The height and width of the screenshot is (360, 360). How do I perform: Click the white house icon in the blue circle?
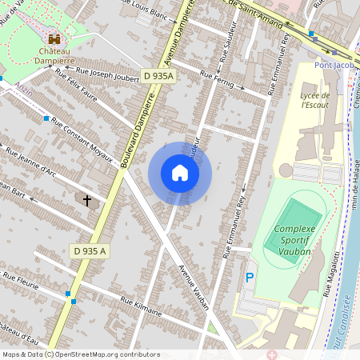(x=180, y=173)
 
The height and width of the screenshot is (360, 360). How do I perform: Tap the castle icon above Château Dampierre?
(x=54, y=38)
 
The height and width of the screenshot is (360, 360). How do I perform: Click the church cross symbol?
(x=86, y=200)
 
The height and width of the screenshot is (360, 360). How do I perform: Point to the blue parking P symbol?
(x=250, y=278)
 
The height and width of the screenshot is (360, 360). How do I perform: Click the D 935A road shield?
(x=158, y=74)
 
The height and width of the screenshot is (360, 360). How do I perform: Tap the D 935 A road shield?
(x=90, y=250)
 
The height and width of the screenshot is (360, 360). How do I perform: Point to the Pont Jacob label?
(x=334, y=66)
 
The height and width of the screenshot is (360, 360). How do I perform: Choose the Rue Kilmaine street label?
(x=140, y=306)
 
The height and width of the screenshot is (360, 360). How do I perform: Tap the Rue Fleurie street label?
(x=20, y=281)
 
